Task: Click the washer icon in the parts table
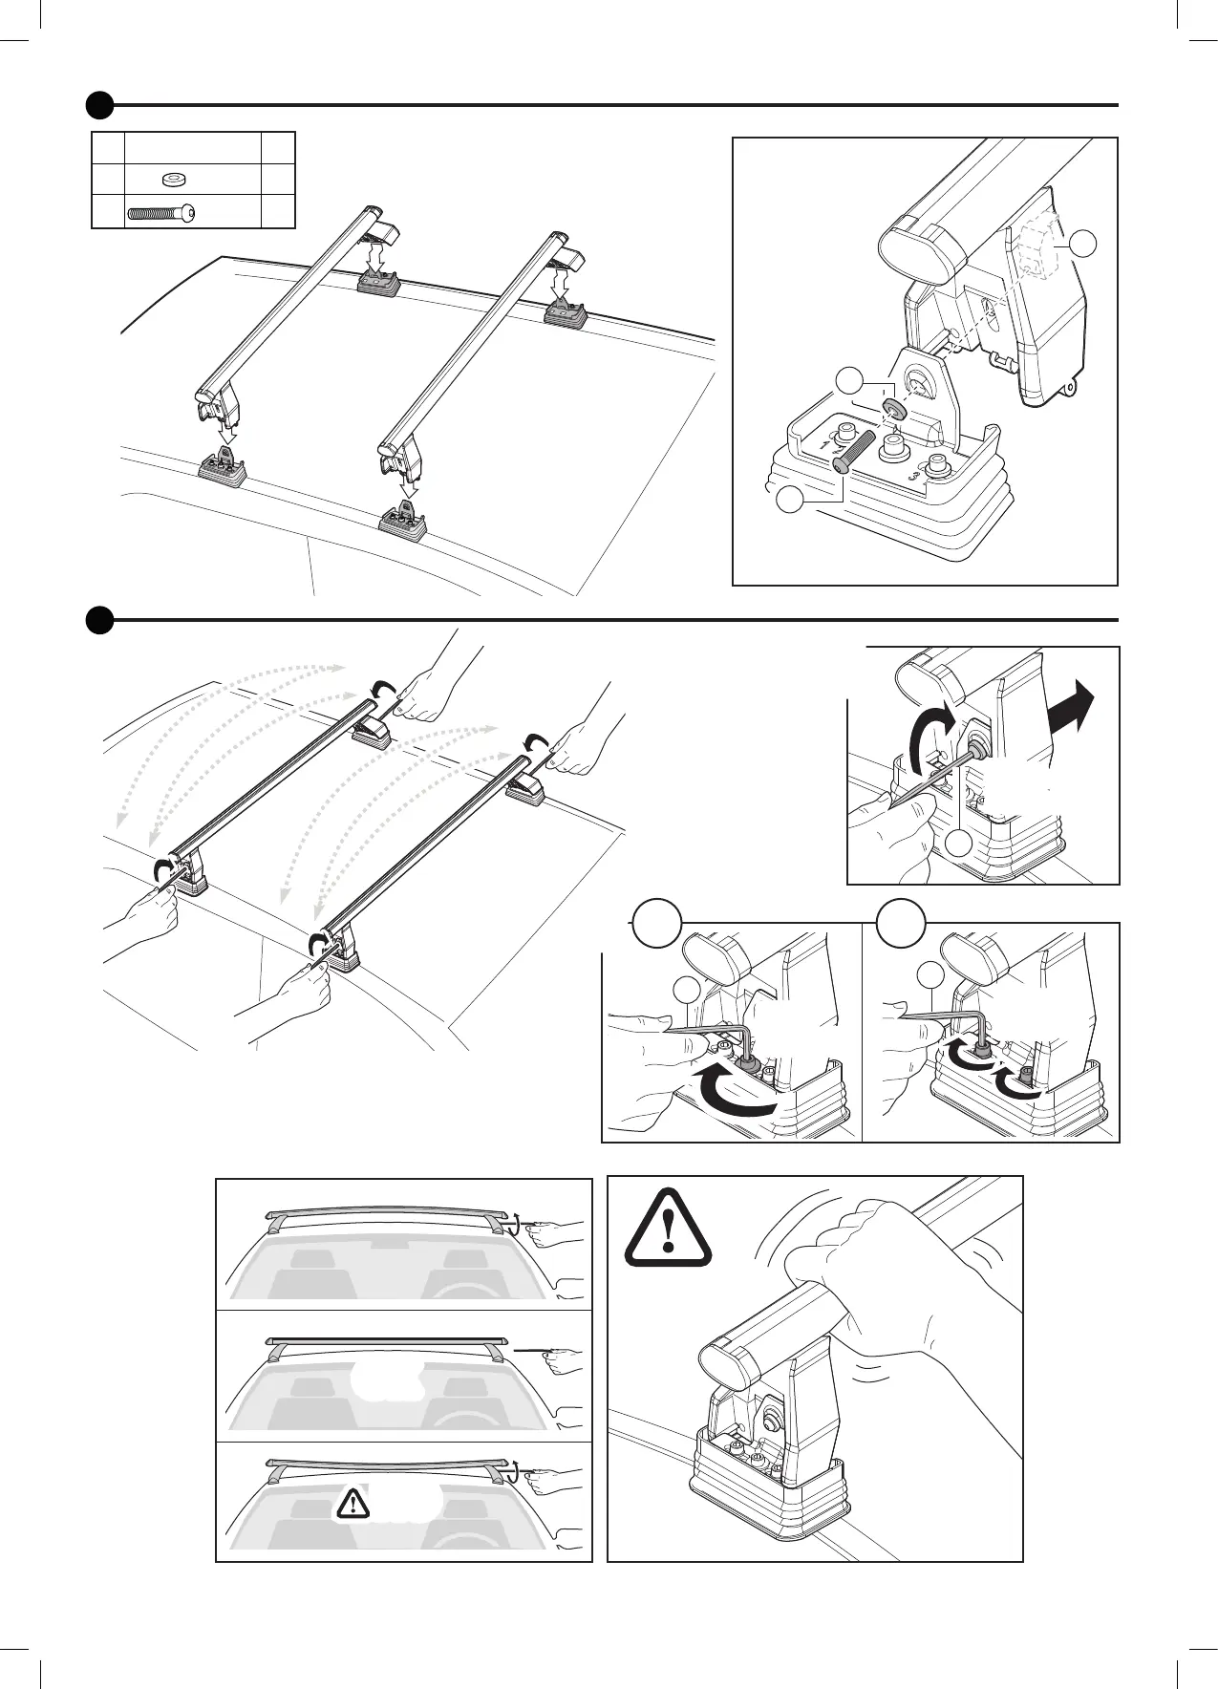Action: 174,179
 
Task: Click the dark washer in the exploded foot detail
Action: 895,410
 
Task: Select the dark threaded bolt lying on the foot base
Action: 853,451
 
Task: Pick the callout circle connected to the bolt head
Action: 789,500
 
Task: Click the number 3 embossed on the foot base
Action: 913,474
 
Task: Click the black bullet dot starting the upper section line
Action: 99,104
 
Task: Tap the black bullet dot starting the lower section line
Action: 99,620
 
